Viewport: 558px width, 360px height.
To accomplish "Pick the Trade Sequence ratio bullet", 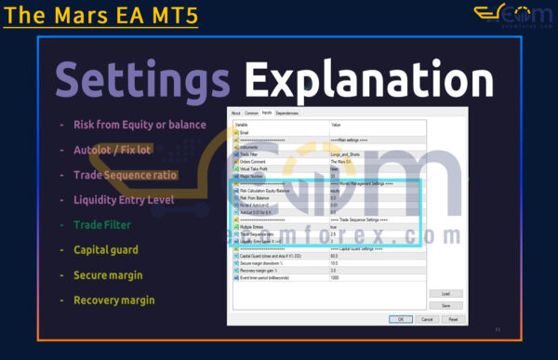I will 125,174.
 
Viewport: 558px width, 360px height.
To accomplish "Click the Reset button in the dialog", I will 453,318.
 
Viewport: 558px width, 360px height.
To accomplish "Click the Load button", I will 445,293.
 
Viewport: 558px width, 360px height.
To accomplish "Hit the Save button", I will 445,305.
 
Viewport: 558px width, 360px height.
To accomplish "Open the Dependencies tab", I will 287,113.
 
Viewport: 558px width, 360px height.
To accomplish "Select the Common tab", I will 251,113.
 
